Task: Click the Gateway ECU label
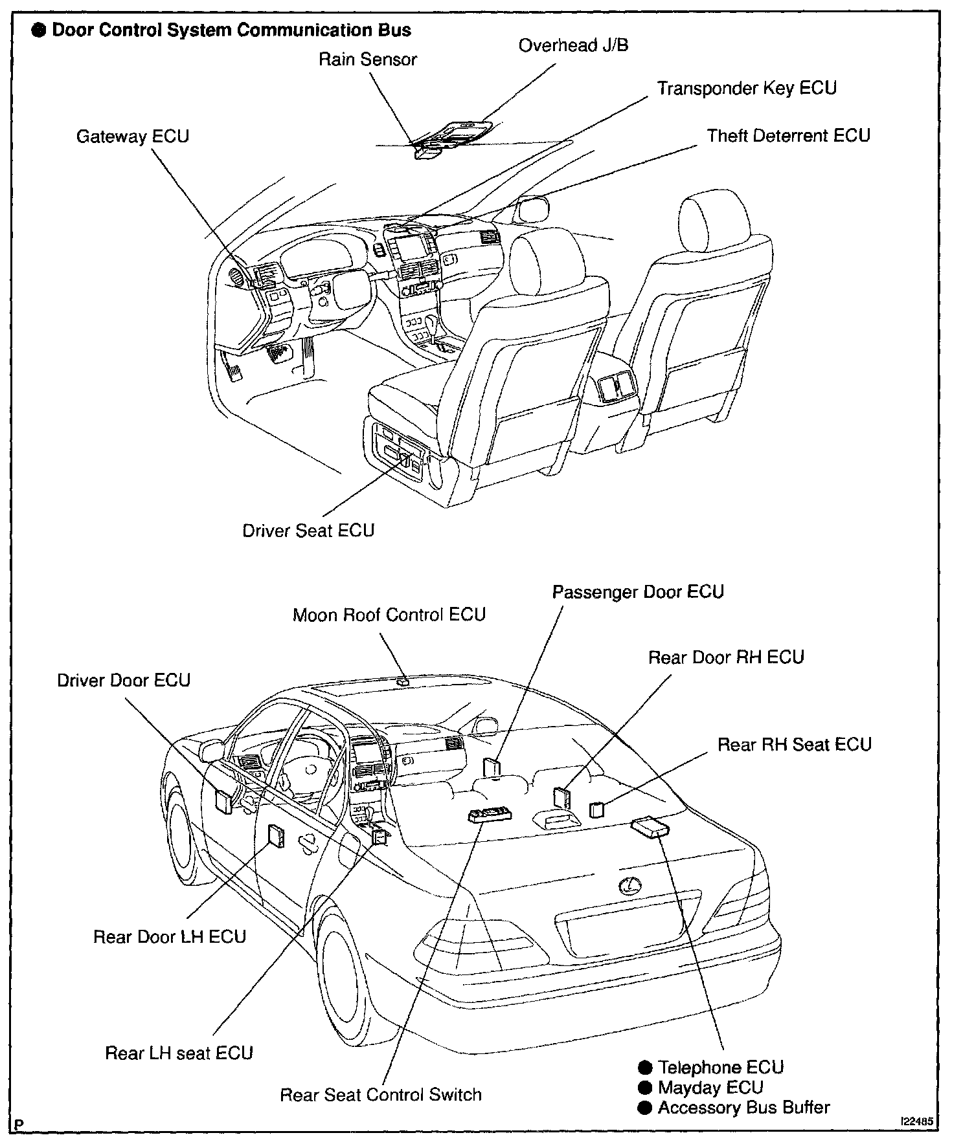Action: (x=133, y=137)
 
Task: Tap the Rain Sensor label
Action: (x=367, y=60)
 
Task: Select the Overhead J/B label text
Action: (x=573, y=45)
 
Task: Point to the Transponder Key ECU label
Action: (x=747, y=88)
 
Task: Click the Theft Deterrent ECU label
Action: (x=788, y=136)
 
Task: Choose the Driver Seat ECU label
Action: (x=308, y=531)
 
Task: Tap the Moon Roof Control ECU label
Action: (x=389, y=614)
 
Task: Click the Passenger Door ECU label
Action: (x=637, y=592)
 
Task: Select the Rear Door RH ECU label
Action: (x=726, y=657)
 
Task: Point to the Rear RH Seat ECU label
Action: (x=794, y=744)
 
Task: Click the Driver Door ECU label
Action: (x=124, y=681)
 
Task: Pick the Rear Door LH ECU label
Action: (x=170, y=937)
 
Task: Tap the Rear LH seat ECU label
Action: (x=179, y=1053)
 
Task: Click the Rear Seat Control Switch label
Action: (x=381, y=1095)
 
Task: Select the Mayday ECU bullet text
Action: (x=710, y=1088)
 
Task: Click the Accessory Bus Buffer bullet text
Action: (x=743, y=1108)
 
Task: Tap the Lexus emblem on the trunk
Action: (x=626, y=886)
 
